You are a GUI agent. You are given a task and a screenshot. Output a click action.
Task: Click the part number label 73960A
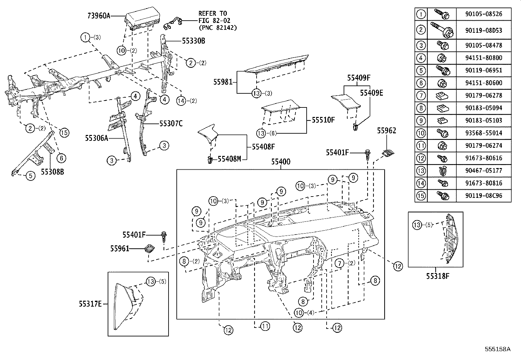click(99, 15)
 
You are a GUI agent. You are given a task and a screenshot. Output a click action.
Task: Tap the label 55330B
click(193, 41)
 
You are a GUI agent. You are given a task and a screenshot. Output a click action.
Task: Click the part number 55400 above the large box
click(280, 162)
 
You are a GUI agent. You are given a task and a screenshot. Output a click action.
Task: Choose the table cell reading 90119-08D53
click(483, 30)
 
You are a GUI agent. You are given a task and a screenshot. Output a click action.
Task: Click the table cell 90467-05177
click(483, 171)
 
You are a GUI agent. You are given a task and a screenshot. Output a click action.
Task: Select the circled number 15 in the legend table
click(421, 196)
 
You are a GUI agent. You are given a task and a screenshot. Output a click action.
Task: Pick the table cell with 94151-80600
click(483, 83)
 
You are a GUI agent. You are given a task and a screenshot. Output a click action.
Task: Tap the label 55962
click(386, 131)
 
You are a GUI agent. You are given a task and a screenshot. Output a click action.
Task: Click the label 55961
click(119, 249)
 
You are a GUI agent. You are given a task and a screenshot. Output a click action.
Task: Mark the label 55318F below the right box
click(438, 276)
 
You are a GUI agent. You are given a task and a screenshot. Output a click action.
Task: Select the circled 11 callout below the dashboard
click(264, 326)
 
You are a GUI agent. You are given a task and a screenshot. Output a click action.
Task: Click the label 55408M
click(229, 159)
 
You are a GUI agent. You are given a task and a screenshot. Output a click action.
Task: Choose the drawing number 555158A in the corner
click(497, 349)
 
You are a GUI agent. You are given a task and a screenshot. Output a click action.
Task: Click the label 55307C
click(171, 123)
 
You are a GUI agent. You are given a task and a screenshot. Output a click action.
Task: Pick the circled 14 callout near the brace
click(181, 101)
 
